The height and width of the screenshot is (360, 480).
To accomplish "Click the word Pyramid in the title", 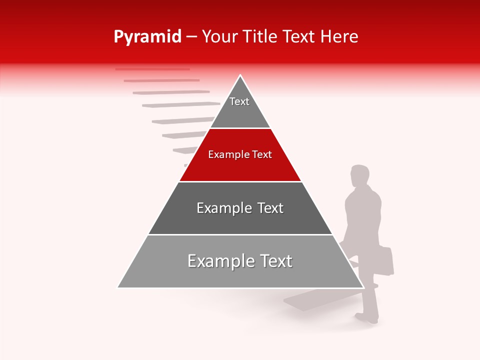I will pos(147,37).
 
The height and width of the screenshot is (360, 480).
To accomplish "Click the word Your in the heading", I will pos(219,37).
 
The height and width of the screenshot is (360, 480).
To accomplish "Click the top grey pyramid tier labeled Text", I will pos(240,107).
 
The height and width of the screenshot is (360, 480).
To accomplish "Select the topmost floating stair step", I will pos(152,69).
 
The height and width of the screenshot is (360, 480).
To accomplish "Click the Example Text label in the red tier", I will pos(240,154).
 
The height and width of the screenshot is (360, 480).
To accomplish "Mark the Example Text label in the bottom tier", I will pos(240,261).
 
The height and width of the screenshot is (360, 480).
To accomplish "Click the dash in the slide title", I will pos(191,37).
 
